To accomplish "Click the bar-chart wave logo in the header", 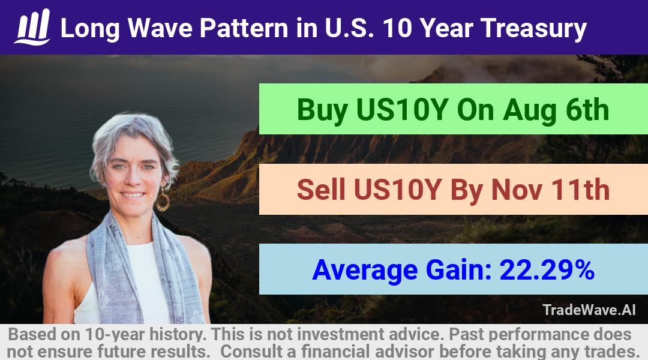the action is [x=32, y=27].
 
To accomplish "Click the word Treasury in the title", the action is [x=533, y=29].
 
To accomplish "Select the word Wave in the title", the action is [x=160, y=28].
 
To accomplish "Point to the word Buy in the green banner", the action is [x=322, y=110].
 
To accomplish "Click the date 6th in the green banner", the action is [x=587, y=110].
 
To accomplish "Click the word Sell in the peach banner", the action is [x=320, y=190].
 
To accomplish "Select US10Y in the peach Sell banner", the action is [x=398, y=190].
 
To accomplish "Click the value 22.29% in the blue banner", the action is [x=547, y=270].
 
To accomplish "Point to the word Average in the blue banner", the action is [x=365, y=271].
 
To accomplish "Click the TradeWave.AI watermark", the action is [x=589, y=310].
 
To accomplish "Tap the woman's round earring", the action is [x=163, y=201].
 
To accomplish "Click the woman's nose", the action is [x=133, y=178].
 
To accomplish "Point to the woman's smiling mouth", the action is [x=133, y=194].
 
